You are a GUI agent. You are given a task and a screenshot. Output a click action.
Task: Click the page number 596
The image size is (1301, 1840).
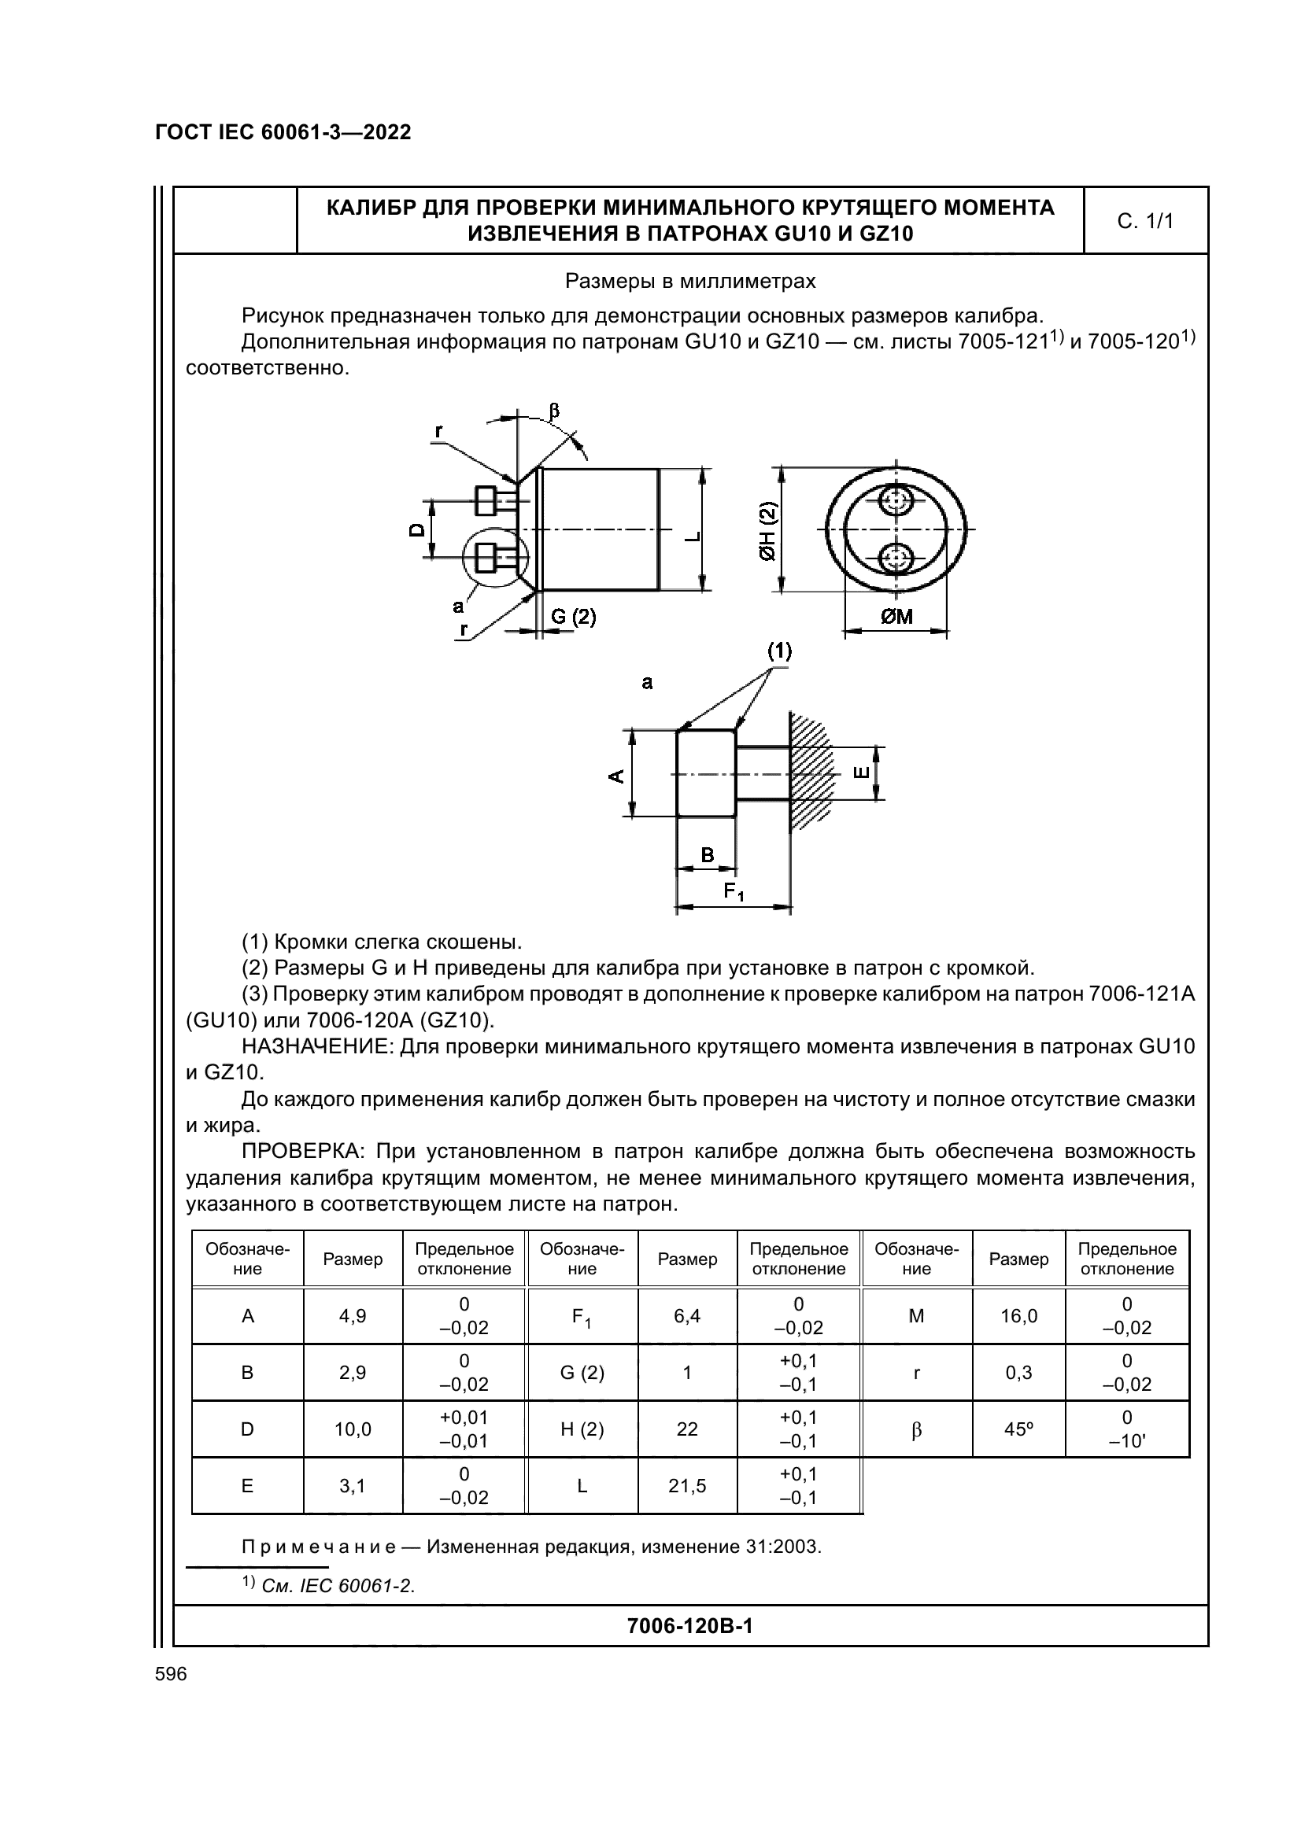coord(171,1674)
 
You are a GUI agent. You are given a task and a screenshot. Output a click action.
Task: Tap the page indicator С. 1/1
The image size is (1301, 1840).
coord(1145,221)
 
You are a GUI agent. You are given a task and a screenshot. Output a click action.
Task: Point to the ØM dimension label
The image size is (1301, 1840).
coord(897,616)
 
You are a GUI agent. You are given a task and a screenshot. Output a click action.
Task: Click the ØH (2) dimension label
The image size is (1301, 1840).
coord(769,530)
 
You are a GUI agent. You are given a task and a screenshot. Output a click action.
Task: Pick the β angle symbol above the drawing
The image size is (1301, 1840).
coord(553,411)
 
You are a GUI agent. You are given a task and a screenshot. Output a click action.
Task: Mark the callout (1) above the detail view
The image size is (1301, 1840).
coord(779,651)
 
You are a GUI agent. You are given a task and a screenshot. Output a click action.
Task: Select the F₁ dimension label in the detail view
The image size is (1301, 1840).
coord(734,891)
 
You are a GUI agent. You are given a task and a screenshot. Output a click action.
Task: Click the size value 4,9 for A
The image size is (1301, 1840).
coord(353,1316)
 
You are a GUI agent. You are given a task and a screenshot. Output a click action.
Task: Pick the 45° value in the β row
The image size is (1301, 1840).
coord(1018,1429)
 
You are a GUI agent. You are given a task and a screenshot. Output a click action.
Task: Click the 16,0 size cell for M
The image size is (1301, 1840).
coord(1018,1316)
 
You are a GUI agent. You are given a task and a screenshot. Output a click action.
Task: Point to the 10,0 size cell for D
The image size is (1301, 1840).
coord(353,1429)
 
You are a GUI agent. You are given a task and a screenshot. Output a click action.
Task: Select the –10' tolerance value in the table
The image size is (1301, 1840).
coord(1126,1441)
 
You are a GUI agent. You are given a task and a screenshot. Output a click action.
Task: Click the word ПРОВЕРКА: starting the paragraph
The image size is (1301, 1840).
coord(303,1152)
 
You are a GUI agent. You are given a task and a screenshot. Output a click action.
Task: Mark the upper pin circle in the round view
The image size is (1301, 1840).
coord(896,502)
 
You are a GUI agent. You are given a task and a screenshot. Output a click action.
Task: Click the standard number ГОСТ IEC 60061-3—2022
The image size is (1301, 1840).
coord(283,132)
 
